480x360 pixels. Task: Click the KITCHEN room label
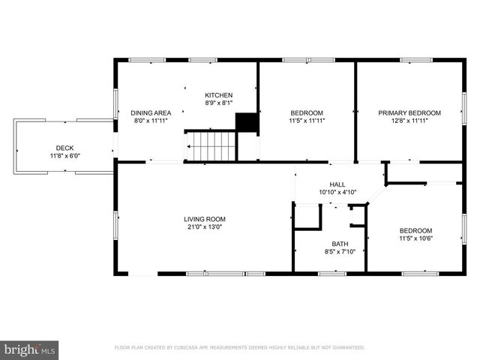point(218,95)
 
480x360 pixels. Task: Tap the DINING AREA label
point(151,113)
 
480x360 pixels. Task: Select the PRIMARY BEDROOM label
point(409,113)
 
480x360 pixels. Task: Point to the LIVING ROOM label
point(205,219)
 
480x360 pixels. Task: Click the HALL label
point(337,184)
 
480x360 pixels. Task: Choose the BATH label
point(340,244)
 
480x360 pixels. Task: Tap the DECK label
point(65,148)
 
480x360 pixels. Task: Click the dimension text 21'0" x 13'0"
point(205,226)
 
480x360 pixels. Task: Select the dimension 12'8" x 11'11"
point(409,121)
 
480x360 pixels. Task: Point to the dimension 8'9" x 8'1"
point(218,103)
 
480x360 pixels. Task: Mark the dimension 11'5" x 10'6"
point(415,238)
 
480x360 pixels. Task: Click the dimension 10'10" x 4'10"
point(337,192)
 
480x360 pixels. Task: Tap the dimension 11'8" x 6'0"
point(65,156)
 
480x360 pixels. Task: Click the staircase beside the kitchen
point(210,146)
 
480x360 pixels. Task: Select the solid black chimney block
point(247,122)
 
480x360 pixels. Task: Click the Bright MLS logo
point(29,350)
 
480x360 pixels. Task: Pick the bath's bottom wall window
point(332,273)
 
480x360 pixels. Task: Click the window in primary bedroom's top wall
point(416,60)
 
